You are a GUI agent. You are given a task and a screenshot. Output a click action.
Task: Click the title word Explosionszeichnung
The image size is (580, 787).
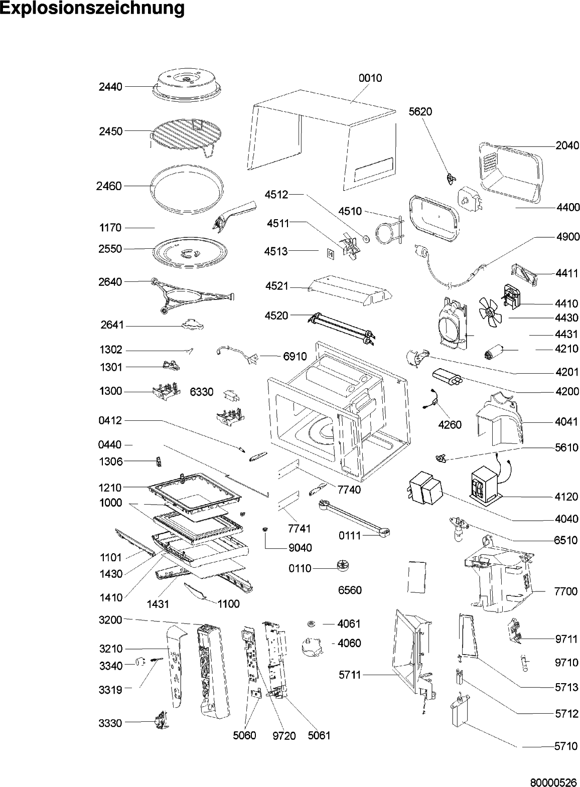click(92, 9)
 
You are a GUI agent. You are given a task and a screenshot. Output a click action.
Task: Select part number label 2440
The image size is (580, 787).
click(110, 87)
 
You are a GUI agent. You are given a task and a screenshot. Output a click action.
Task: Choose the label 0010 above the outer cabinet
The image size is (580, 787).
click(370, 78)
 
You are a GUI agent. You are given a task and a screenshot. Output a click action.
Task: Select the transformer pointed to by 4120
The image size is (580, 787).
click(485, 485)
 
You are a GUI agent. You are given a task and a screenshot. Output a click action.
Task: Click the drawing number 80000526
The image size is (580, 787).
click(554, 781)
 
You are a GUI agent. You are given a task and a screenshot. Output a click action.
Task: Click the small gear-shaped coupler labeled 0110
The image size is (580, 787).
click(343, 567)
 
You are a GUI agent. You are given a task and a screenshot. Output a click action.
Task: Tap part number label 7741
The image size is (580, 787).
click(300, 528)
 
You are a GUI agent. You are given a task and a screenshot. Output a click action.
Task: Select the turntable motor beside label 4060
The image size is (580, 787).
click(312, 647)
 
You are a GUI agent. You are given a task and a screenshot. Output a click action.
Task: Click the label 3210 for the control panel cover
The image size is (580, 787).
click(110, 649)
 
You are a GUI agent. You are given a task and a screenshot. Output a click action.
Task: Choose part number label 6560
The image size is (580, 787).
click(350, 590)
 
